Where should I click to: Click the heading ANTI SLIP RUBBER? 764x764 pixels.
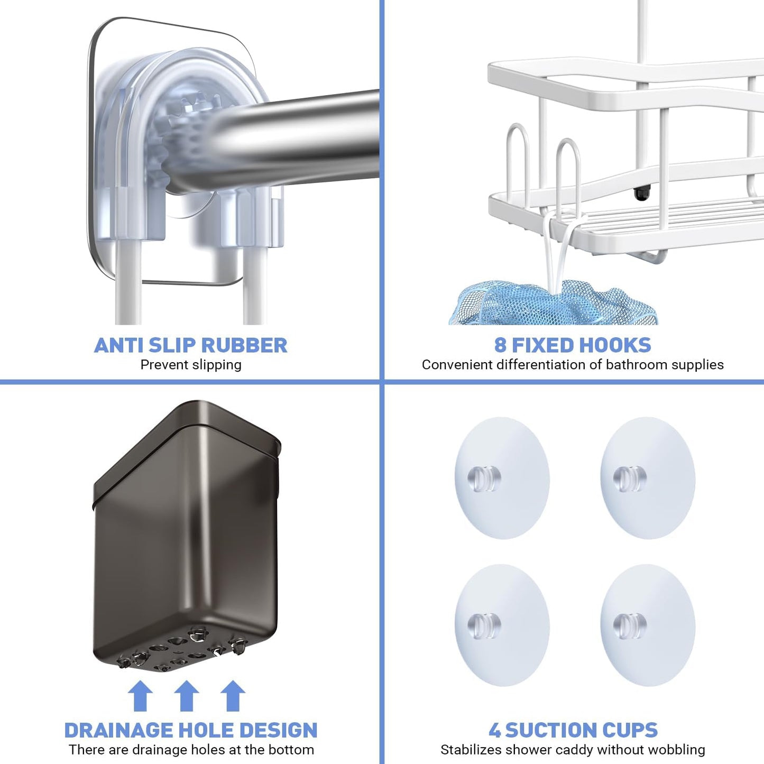point(190,345)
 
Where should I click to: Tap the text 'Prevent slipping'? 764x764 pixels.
point(191,365)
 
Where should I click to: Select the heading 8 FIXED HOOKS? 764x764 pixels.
point(573,345)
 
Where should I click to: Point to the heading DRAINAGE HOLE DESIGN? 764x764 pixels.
point(191,730)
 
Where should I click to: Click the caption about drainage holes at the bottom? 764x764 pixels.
point(191,750)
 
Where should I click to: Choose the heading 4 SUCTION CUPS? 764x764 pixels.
point(573,730)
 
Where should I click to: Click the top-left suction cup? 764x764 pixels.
point(502,478)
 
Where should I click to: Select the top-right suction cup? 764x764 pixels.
point(648,478)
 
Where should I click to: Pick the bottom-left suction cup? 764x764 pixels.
point(502,625)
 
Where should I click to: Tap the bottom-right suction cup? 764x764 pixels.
point(648,625)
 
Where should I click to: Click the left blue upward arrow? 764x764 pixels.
point(140,696)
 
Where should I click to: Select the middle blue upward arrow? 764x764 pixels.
point(186,696)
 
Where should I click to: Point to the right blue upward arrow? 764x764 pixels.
point(233,696)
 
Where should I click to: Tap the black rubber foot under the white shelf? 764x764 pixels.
point(641,194)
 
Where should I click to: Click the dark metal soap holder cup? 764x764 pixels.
point(186,534)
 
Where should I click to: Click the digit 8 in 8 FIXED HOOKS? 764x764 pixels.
point(500,345)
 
